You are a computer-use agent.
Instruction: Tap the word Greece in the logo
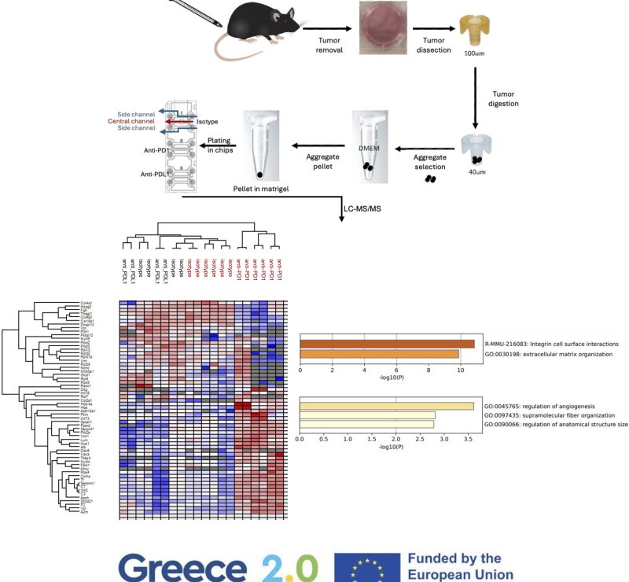click(x=183, y=566)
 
